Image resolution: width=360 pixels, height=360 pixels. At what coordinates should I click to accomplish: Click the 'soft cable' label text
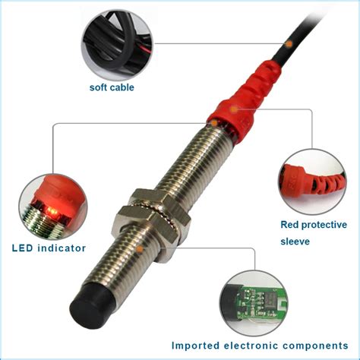(x=112, y=87)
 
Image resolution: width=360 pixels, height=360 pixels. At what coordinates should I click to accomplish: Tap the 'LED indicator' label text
(x=49, y=248)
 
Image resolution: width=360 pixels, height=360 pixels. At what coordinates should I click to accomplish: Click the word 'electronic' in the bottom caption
(x=254, y=344)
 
